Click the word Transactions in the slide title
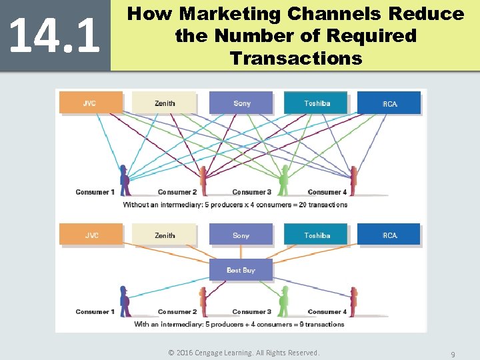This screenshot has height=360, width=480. pos(295,59)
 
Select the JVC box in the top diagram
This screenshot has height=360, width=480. pos(91,103)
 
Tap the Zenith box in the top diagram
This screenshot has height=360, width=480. pos(165,103)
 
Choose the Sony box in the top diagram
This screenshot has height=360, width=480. pos(241,103)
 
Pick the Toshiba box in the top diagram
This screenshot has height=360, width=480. pos(317,103)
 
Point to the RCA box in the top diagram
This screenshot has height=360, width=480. pos(389,103)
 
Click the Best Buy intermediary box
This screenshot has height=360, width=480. pos(241,270)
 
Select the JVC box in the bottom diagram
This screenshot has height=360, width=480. pos(91,235)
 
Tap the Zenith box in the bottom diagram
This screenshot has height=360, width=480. pos(165,235)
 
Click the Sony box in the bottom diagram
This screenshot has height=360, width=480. pos(241,235)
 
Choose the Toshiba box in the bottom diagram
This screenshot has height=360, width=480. pos(317,235)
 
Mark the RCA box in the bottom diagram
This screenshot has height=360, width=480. pos(389,235)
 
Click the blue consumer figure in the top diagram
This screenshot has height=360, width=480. pos(125,180)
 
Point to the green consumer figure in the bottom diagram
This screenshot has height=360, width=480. pos(284,301)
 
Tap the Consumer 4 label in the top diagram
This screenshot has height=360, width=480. pos(327,193)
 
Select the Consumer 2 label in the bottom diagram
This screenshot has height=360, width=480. pos(177,312)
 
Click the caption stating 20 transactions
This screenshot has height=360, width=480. pos(235,205)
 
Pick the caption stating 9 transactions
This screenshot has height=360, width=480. pos(239,325)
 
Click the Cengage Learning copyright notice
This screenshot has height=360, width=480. pos(243,353)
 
